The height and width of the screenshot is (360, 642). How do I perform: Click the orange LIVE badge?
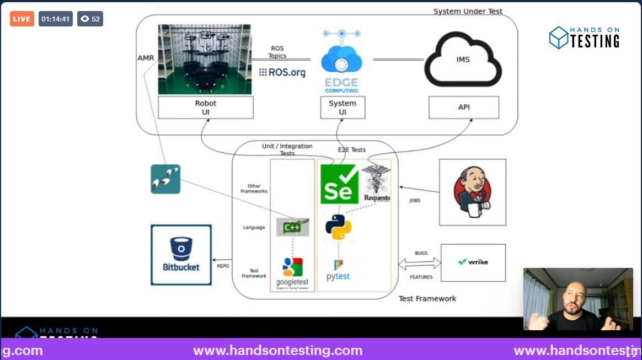click(22, 19)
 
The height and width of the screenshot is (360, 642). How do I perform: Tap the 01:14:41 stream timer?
click(55, 19)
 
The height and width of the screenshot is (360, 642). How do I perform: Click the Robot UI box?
click(206, 108)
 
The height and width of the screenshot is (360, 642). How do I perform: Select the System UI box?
click(343, 108)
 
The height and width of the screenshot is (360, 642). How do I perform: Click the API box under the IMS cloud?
click(464, 108)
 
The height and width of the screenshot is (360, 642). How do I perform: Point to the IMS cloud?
click(463, 60)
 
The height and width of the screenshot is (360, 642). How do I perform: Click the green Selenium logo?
click(339, 184)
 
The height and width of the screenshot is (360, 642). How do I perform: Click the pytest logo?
click(338, 270)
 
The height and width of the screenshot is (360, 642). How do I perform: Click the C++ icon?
click(292, 227)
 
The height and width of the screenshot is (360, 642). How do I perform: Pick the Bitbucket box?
click(181, 255)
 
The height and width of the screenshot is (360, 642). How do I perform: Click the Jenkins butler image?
click(472, 191)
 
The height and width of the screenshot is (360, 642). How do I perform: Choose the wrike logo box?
click(473, 262)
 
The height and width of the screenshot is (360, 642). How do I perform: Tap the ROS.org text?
click(282, 72)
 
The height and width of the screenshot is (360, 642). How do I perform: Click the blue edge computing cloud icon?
click(341, 60)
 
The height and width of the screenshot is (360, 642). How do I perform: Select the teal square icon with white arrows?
click(165, 179)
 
